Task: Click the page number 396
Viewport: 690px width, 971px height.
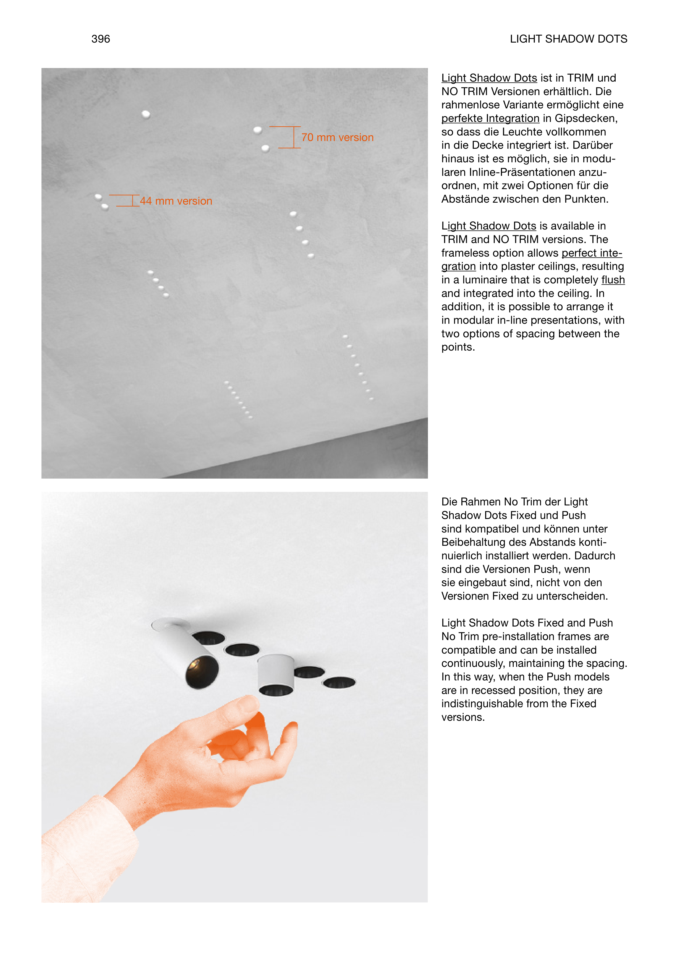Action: coord(100,39)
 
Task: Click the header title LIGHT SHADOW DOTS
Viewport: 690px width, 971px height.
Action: coord(568,39)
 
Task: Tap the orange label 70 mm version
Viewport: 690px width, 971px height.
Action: coord(337,138)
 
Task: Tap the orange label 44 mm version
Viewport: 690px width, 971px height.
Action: coord(176,201)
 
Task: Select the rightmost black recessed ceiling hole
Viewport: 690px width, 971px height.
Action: coord(339,682)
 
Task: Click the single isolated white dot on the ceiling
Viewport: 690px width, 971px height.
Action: coord(146,114)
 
